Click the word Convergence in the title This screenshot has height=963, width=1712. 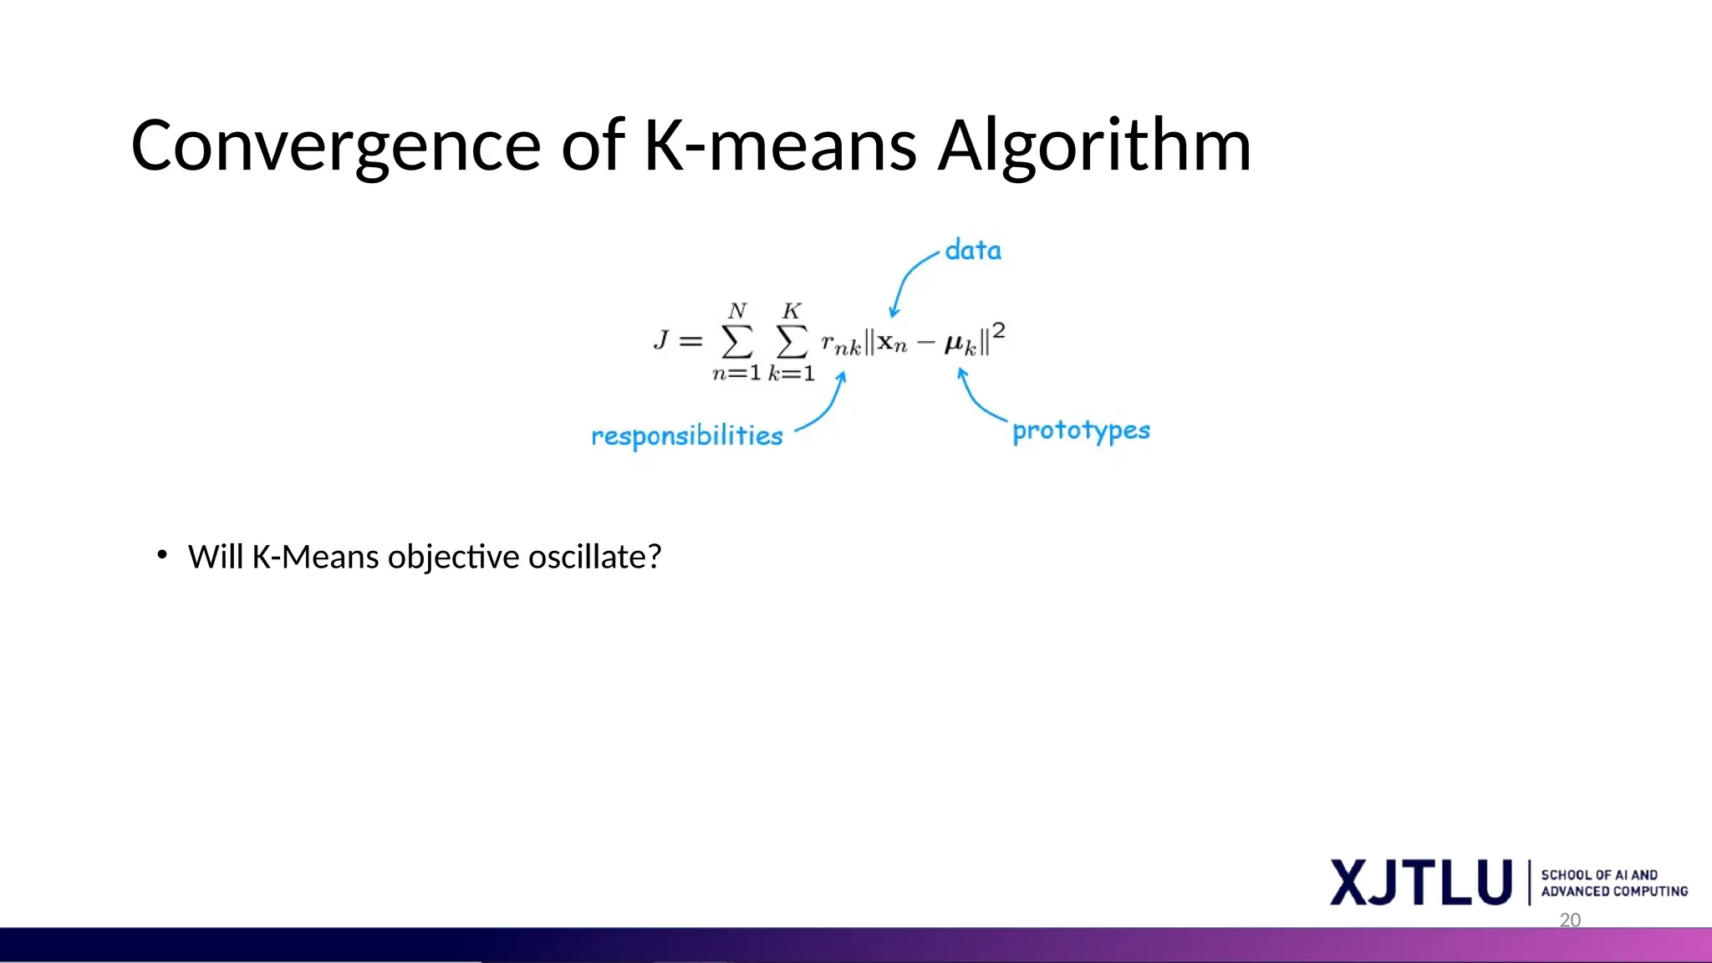point(335,147)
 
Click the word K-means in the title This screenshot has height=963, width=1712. point(780,147)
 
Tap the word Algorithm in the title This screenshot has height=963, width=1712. point(1094,147)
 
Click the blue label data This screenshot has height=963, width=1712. point(973,250)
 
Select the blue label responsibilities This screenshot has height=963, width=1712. point(686,436)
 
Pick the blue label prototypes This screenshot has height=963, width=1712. point(1081,431)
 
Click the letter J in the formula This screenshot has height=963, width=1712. point(661,339)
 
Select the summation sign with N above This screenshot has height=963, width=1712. point(737,341)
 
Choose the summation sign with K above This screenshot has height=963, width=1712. point(792,341)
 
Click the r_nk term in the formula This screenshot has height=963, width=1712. point(840,344)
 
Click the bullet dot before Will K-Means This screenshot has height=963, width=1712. point(162,554)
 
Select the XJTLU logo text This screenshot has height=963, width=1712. point(1421,882)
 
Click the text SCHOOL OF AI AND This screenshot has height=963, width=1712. point(1598,874)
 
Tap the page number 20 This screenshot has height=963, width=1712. point(1570,920)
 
